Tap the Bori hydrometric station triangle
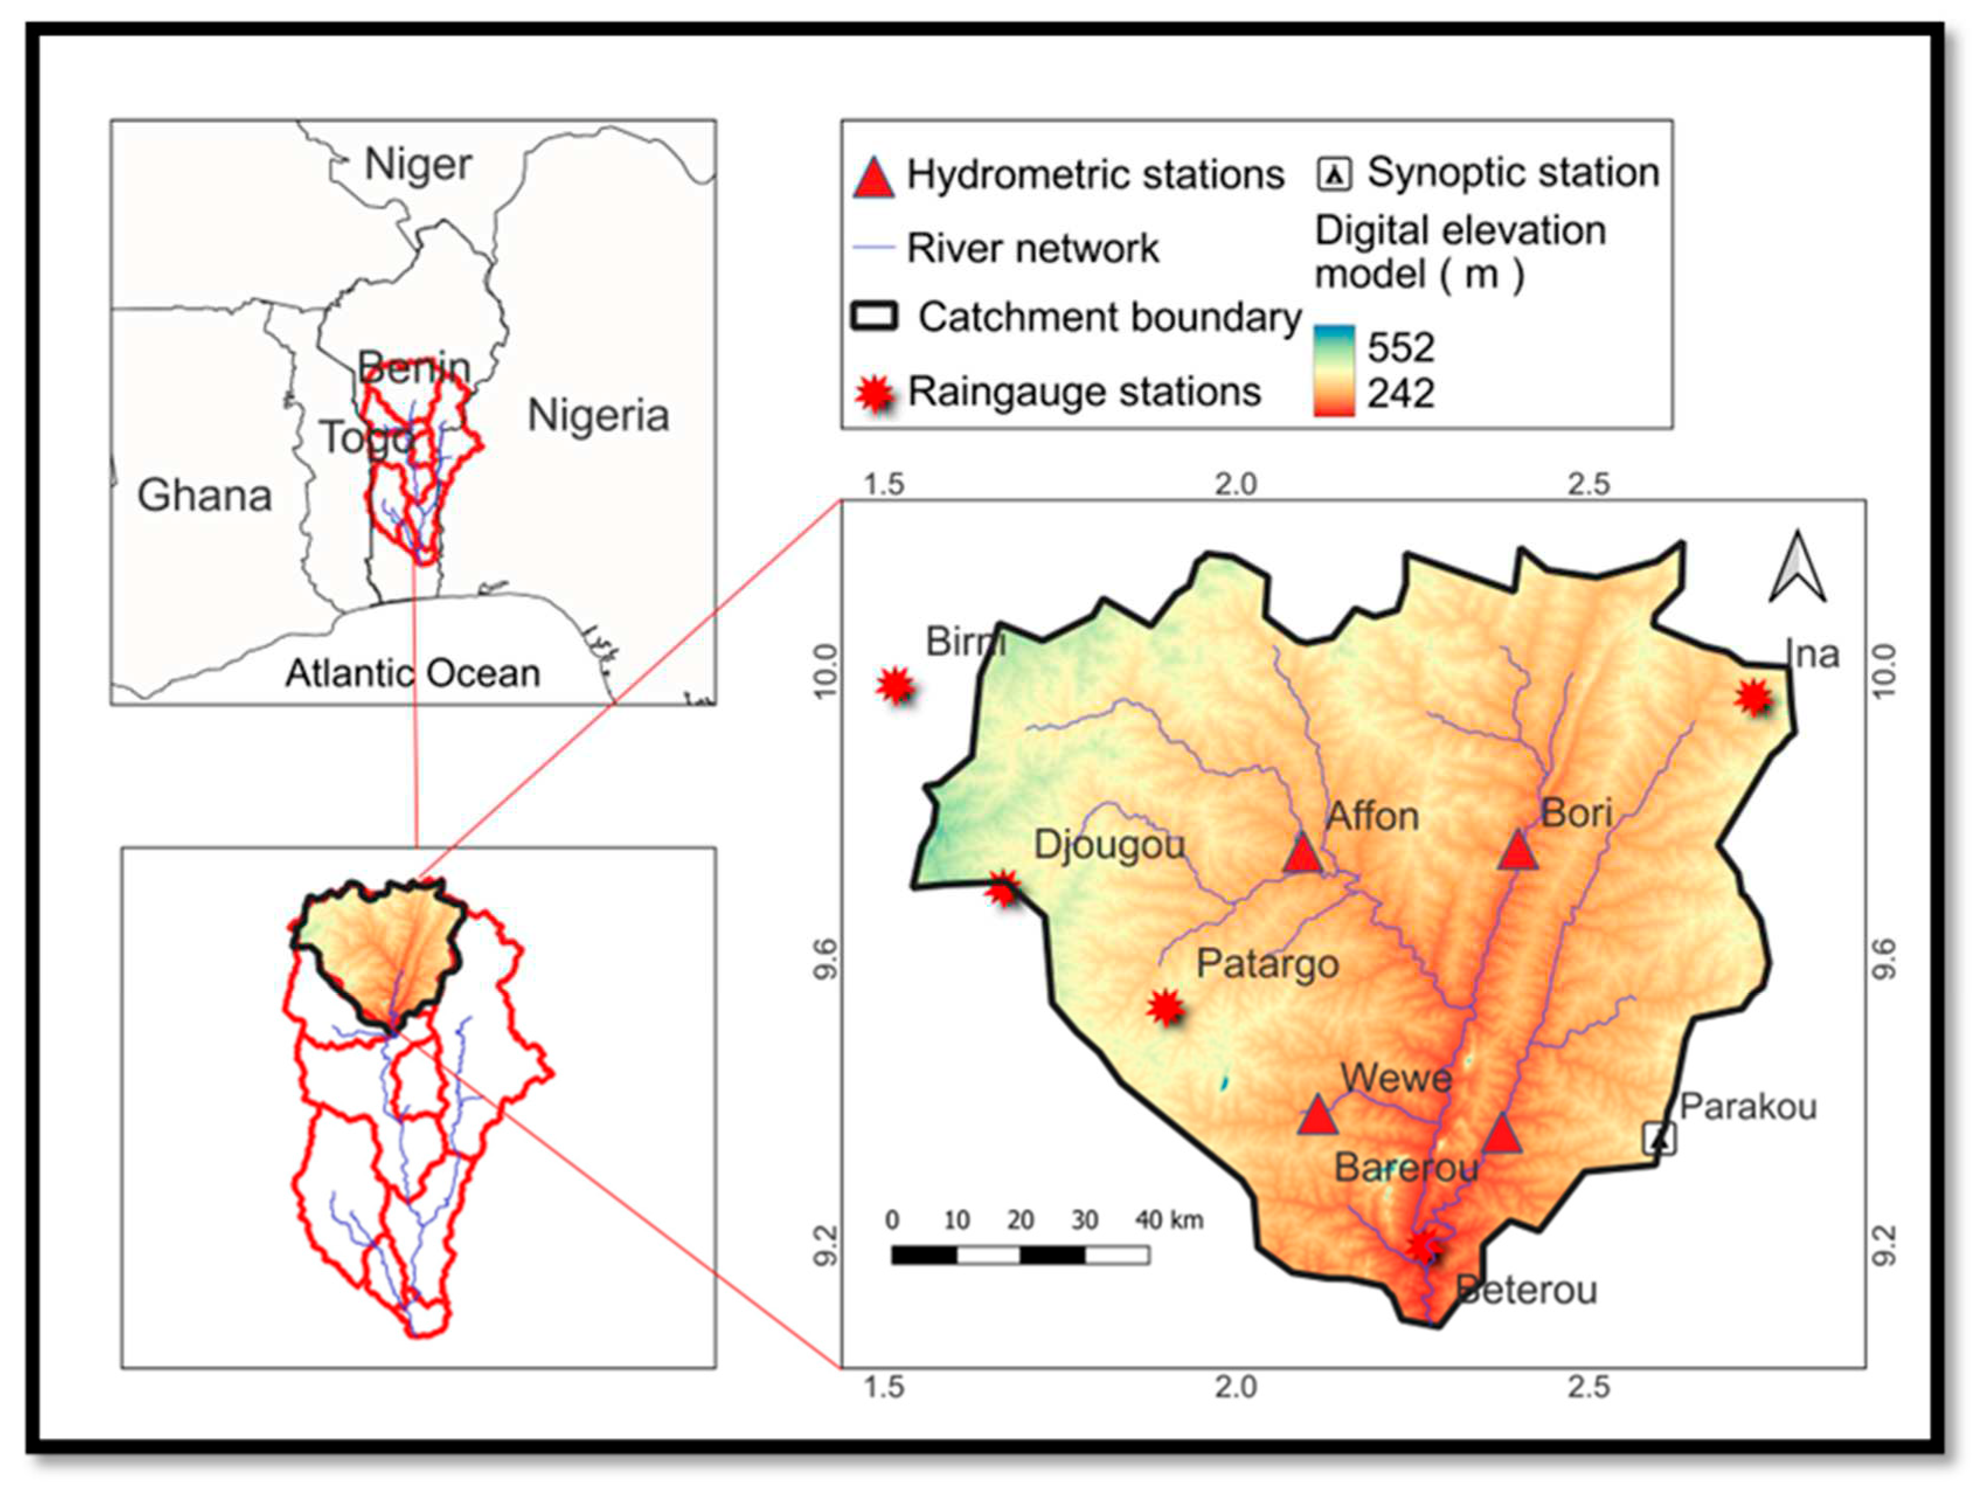click(1517, 851)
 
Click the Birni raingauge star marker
click(895, 687)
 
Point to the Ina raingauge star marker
click(1753, 697)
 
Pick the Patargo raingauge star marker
click(1165, 1007)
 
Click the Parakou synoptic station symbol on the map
click(1659, 1139)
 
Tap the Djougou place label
click(1109, 845)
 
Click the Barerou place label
click(1406, 1168)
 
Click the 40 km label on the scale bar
click(1169, 1220)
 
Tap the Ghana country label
click(204, 495)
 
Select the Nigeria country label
click(598, 415)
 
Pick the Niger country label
click(418, 164)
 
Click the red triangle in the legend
click(873, 178)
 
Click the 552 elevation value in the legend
click(1400, 347)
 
